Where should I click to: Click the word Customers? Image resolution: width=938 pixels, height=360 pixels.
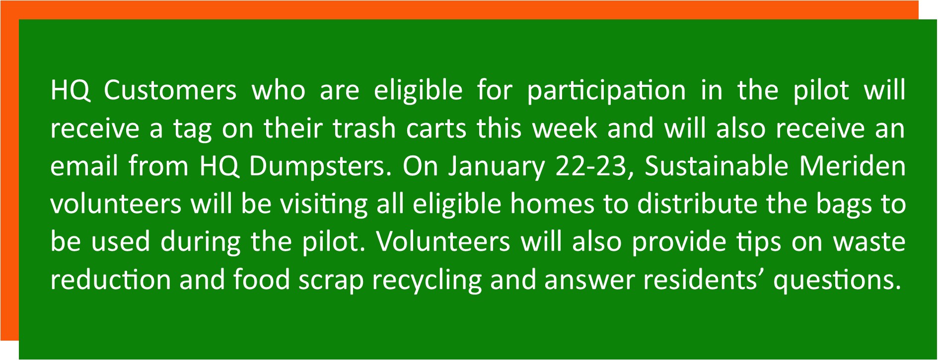(170, 90)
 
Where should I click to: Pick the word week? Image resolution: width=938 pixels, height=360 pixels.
(565, 128)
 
